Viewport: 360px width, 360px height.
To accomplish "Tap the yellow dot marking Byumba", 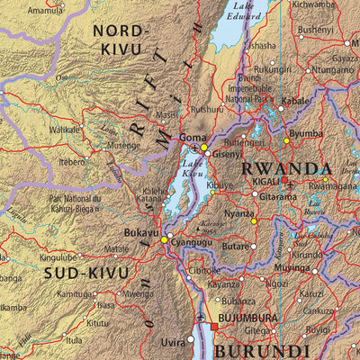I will pyautogui.click(x=287, y=140).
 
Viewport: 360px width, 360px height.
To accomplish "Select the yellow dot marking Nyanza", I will pyautogui.click(x=254, y=221).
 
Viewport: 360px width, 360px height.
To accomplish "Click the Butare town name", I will pyautogui.click(x=235, y=245).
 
